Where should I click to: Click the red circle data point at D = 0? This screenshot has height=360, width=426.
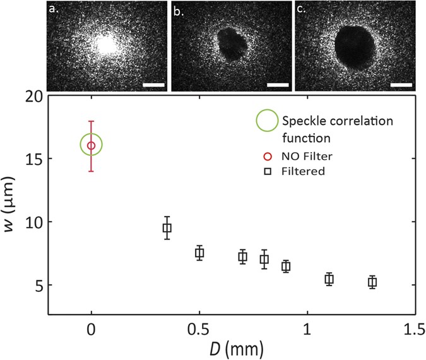click(x=92, y=145)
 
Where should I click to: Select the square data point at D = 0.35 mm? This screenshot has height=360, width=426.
click(x=167, y=228)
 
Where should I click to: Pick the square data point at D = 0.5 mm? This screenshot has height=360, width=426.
click(x=199, y=253)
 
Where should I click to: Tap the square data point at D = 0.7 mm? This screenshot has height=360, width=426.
click(x=242, y=256)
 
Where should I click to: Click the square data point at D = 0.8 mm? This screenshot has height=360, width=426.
click(x=264, y=259)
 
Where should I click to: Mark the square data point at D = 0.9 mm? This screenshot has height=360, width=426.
click(x=286, y=266)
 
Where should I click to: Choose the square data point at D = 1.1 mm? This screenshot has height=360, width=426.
click(x=329, y=279)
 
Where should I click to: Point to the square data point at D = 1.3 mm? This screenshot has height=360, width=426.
click(x=372, y=282)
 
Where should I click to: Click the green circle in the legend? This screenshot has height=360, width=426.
click(x=266, y=121)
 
